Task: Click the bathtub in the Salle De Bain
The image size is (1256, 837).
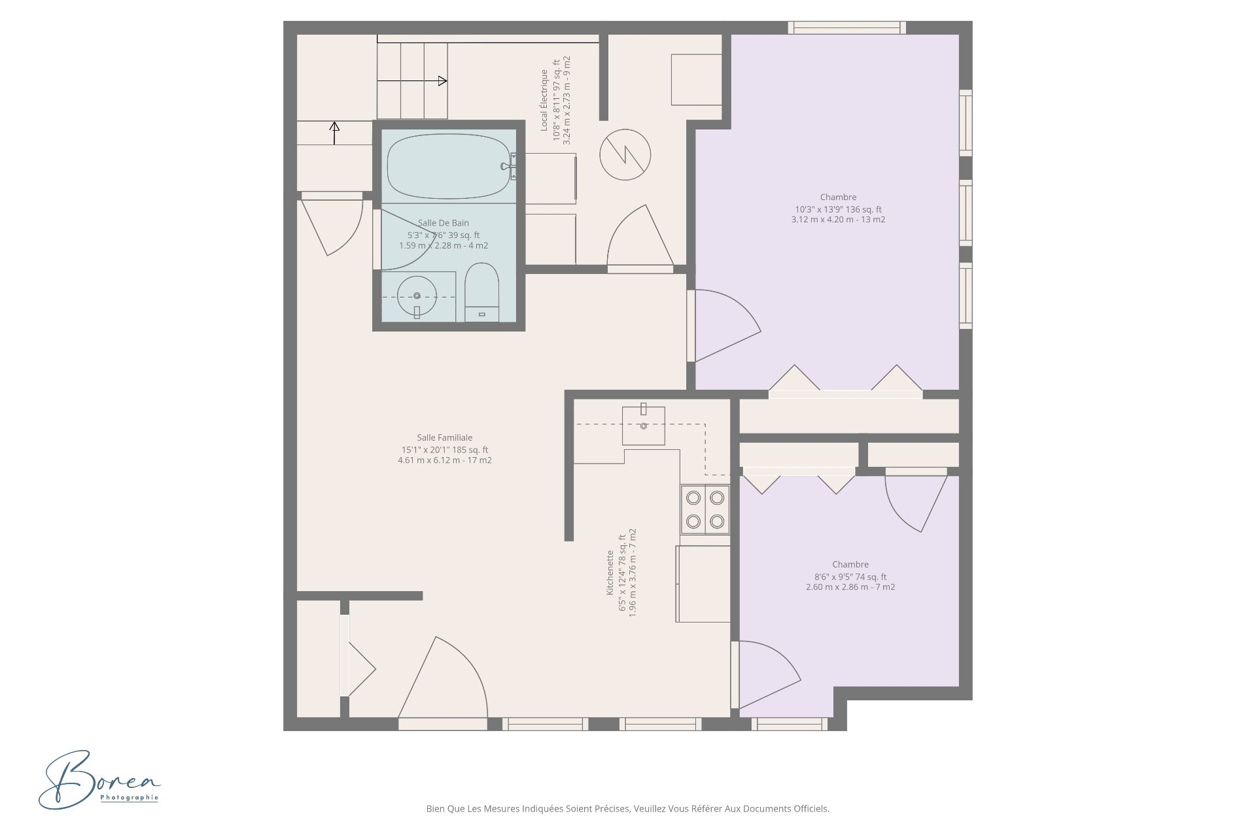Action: (448, 166)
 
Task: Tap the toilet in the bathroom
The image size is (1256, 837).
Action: (482, 292)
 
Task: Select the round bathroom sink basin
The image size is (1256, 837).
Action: (417, 296)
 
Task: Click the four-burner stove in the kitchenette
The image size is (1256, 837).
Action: (705, 509)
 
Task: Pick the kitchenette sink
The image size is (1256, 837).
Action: (644, 425)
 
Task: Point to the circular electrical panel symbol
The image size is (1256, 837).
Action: (625, 155)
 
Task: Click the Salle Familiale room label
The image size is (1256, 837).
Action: (445, 437)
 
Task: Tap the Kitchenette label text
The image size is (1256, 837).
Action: (610, 572)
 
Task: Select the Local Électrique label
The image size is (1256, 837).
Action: (544, 100)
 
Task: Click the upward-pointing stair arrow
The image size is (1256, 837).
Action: (334, 133)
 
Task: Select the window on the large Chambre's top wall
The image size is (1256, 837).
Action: (847, 27)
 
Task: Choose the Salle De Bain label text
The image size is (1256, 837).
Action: (444, 223)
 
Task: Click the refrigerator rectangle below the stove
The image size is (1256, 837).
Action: (703, 584)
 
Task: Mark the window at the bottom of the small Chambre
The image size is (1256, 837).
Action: (790, 724)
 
